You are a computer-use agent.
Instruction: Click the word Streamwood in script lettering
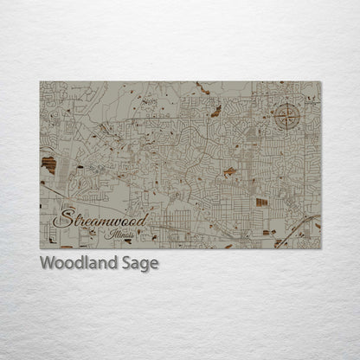tap(100, 215)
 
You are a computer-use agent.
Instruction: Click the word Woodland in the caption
tap(74, 263)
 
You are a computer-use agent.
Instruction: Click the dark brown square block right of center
tap(261, 202)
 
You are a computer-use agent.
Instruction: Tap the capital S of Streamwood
tap(63, 215)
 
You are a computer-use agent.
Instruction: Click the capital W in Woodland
tap(47, 263)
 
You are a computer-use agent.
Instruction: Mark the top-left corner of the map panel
tap(40, 81)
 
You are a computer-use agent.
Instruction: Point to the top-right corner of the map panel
tap(320, 81)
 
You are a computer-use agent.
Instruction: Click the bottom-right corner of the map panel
tap(320, 249)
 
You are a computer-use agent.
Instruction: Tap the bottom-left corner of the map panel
tap(40, 249)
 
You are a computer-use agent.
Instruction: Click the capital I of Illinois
tap(107, 233)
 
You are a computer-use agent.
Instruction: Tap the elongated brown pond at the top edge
tap(202, 87)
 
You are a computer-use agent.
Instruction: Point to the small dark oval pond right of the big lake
tap(80, 165)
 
